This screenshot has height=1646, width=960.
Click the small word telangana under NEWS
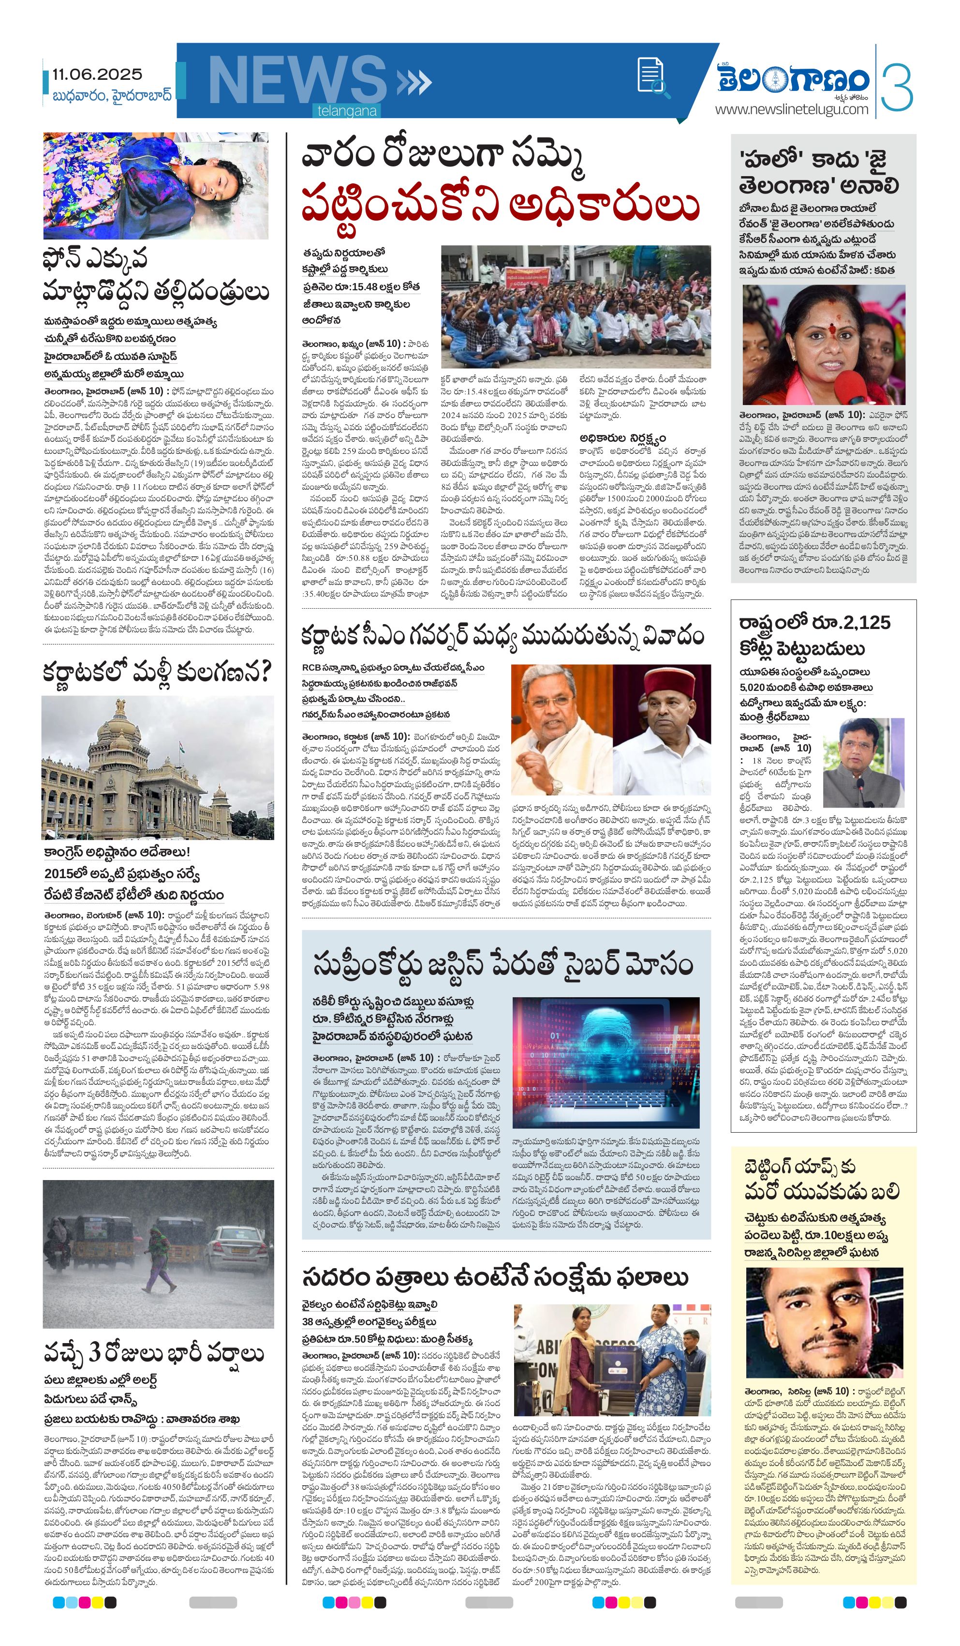click(347, 111)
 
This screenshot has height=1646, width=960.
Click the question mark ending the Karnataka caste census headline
click(261, 673)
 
